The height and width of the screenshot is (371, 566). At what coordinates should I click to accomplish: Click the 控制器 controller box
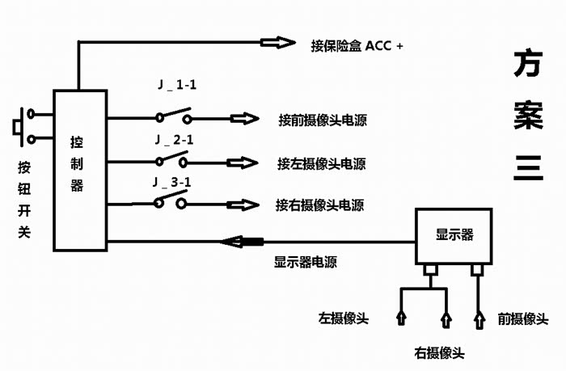pyautogui.click(x=79, y=170)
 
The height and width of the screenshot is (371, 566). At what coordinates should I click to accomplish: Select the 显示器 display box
pyautogui.click(x=454, y=235)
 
